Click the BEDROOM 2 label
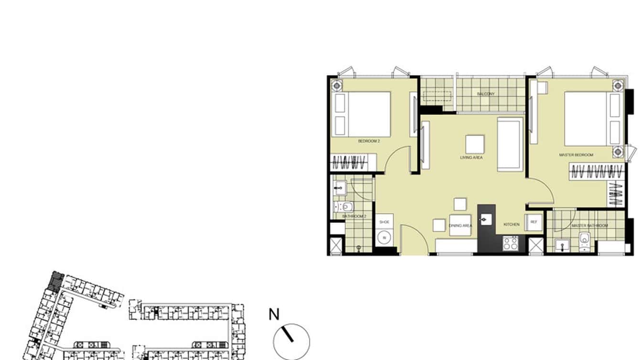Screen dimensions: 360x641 tap(369, 141)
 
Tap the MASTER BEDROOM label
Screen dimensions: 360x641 tap(576, 155)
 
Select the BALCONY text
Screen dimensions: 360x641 tap(486, 94)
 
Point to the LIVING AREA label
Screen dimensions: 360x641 tap(471, 158)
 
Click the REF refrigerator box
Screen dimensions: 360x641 tap(534, 222)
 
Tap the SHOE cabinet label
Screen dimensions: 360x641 tap(384, 222)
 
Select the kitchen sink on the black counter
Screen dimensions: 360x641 tap(487, 219)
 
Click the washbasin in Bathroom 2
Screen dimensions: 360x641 tap(340, 188)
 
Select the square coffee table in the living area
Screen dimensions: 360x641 tap(475, 144)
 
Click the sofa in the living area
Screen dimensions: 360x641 tap(510, 144)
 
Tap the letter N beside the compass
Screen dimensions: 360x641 tap(274, 315)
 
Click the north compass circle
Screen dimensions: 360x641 tap(291, 341)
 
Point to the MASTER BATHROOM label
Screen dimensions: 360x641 tap(590, 225)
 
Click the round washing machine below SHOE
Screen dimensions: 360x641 tap(384, 238)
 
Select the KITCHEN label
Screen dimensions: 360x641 tap(511, 224)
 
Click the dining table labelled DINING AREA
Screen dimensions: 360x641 tap(460, 225)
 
